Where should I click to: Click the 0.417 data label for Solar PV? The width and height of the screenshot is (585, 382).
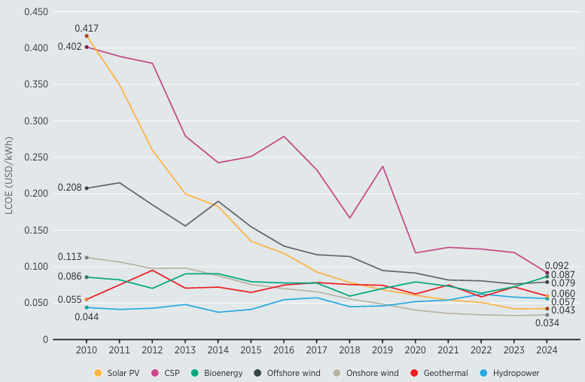coord(87,29)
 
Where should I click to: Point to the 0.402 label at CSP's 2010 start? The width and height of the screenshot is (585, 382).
coord(69,47)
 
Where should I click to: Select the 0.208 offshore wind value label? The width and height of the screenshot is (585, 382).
coord(69,188)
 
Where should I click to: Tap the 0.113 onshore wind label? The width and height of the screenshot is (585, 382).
coord(69,257)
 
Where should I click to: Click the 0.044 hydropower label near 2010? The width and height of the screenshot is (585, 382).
coord(87,316)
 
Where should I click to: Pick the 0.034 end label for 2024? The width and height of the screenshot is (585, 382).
coord(547,323)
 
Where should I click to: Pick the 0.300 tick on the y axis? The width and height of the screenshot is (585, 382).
coord(37,121)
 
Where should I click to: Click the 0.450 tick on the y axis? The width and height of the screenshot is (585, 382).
coord(37,12)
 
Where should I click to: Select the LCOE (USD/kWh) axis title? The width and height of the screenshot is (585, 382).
coord(9,176)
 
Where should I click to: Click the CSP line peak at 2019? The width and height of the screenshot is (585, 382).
coord(382,166)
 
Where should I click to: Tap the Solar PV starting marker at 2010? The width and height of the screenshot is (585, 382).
coord(87,35)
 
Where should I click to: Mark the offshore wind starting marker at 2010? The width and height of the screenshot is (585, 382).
coord(87,188)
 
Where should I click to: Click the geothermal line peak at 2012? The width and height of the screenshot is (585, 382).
coord(153,270)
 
